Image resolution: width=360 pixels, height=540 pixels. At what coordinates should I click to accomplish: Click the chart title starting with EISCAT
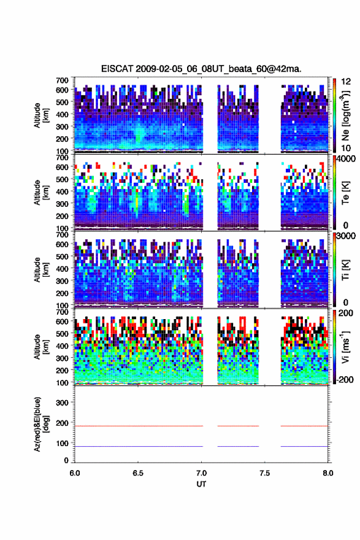(x=201, y=69)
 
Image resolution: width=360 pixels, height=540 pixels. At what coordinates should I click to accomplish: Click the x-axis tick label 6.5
(x=138, y=473)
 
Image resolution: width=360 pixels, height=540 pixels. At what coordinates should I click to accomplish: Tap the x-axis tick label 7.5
(x=265, y=473)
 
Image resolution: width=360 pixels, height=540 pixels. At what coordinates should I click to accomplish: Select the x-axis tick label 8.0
(x=328, y=473)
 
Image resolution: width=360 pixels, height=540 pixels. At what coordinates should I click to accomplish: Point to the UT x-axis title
(x=201, y=484)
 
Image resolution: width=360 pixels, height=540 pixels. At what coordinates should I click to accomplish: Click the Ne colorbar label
(x=345, y=116)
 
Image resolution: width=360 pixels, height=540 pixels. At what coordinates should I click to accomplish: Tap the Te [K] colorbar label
(x=345, y=192)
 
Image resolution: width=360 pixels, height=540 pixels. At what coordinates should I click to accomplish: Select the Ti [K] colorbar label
(x=345, y=269)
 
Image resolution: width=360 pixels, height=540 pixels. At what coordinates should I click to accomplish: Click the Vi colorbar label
(x=345, y=347)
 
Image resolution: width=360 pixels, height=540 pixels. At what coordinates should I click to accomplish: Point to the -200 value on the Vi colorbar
(x=345, y=379)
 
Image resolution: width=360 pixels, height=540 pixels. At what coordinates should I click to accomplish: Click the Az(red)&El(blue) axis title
(x=40, y=424)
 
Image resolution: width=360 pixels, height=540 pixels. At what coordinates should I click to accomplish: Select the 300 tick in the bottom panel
(x=62, y=403)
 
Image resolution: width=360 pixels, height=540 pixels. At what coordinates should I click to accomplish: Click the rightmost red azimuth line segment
(x=304, y=426)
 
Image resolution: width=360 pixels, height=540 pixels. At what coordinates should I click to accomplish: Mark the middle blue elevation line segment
(x=238, y=446)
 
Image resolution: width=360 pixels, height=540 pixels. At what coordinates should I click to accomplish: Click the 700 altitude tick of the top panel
(x=62, y=80)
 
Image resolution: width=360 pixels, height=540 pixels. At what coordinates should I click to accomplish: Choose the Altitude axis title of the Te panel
(x=40, y=192)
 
